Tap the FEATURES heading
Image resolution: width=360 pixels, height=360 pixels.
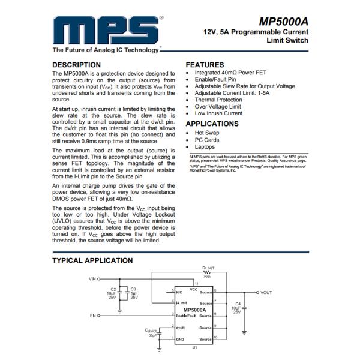click(205, 65)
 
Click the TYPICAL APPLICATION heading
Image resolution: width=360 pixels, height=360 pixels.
click(92, 260)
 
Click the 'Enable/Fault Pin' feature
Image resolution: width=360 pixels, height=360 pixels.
click(218, 79)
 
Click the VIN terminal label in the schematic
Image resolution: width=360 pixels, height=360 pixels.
click(92, 279)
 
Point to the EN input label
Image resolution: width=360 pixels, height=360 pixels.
click(93, 315)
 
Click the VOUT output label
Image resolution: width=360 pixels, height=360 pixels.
click(266, 292)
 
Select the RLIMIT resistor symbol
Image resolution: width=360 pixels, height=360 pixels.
click(209, 271)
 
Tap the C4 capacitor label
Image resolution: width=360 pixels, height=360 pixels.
click(238, 304)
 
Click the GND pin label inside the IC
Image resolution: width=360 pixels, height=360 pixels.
click(179, 339)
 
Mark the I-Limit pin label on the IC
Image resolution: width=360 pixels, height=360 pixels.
click(182, 302)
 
